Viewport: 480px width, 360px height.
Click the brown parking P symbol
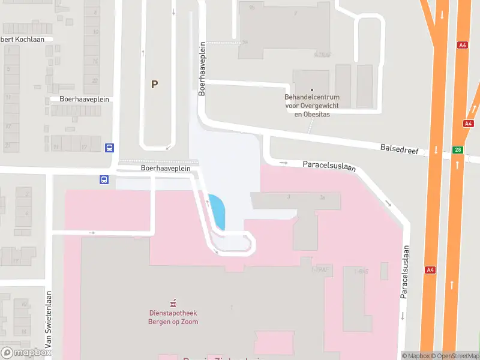[154, 85]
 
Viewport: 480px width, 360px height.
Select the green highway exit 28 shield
[458, 150]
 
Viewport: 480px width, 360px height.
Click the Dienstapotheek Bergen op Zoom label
[173, 317]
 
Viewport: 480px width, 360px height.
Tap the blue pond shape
[217, 211]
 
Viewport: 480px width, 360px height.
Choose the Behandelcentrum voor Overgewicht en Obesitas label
[311, 105]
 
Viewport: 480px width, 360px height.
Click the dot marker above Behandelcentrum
[311, 90]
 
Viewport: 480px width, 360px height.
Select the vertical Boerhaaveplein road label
[202, 68]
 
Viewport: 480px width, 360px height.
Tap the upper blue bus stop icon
[110, 148]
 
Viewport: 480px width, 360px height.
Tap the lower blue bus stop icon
[104, 179]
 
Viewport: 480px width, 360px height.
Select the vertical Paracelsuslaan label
[405, 272]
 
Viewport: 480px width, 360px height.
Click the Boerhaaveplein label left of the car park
[84, 99]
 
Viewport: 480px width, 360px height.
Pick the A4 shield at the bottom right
[430, 269]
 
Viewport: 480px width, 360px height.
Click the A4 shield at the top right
[462, 44]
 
